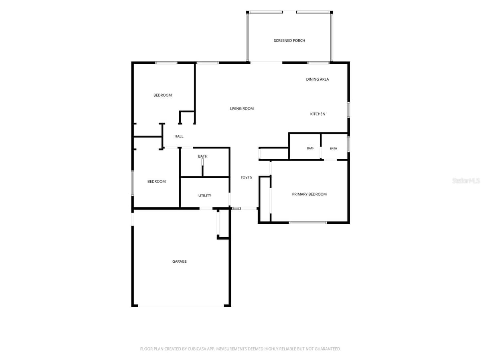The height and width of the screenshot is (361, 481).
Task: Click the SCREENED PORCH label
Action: tap(289, 41)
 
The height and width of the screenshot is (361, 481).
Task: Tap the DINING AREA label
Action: tap(317, 79)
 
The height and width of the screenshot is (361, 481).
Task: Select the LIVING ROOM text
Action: tap(242, 108)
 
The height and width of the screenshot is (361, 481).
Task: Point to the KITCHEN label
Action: tap(317, 114)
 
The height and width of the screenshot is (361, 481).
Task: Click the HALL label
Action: tap(179, 136)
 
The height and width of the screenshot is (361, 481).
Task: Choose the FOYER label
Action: tap(246, 178)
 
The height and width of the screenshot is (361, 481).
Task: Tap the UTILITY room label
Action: tap(205, 195)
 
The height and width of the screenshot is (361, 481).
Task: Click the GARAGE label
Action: tap(179, 262)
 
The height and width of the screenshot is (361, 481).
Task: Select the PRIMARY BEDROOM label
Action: tap(309, 194)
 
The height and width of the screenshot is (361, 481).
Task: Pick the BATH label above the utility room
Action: tap(203, 156)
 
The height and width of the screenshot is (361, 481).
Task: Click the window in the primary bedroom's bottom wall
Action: tap(308, 223)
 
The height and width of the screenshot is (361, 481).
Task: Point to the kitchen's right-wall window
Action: tap(348, 110)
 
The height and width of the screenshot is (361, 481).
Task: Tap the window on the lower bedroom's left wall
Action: tap(133, 183)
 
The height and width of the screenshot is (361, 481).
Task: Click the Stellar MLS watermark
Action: tap(466, 180)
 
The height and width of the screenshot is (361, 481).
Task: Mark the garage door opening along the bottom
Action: tap(181, 306)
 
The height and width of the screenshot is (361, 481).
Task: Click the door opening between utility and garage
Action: tap(206, 209)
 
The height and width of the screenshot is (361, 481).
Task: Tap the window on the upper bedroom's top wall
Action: tap(166, 63)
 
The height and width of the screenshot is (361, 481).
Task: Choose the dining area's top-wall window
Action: tap(318, 63)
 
